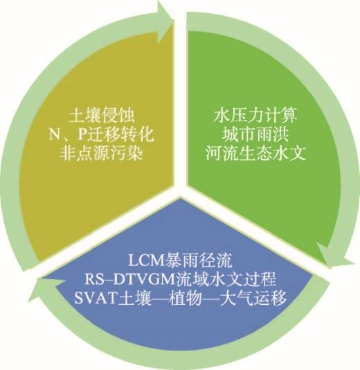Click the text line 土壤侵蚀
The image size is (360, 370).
(102, 116)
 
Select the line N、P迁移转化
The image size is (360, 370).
(102, 134)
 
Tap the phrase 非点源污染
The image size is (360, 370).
(101, 154)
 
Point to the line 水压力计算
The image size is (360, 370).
(255, 116)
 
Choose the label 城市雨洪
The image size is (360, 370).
(255, 134)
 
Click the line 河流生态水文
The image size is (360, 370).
(255, 153)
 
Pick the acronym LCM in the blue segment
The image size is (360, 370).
(146, 261)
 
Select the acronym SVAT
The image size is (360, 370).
(96, 298)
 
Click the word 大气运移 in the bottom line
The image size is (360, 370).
(253, 298)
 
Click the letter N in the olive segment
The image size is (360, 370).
(55, 135)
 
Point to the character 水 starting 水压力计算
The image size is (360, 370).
(222, 116)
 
